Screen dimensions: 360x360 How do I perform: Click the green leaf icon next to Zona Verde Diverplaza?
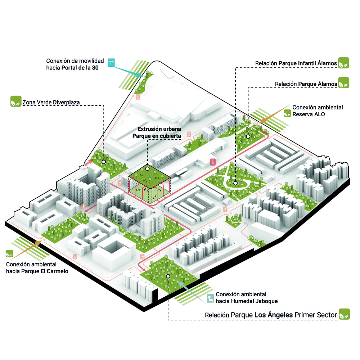click(15, 101)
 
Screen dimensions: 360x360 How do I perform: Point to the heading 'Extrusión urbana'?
click(159, 129)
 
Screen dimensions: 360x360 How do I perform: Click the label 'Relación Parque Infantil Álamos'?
click(296, 63)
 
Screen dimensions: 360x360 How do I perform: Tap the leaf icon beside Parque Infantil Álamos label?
click(344, 63)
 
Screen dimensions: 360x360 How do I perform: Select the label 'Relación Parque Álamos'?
click(306, 84)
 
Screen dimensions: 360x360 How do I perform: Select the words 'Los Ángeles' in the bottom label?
click(273, 315)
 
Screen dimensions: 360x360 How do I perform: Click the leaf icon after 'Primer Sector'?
click(344, 314)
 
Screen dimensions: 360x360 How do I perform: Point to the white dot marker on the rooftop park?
click(147, 168)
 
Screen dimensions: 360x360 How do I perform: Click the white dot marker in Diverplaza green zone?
click(104, 162)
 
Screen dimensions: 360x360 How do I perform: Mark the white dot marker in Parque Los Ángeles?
click(168, 276)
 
